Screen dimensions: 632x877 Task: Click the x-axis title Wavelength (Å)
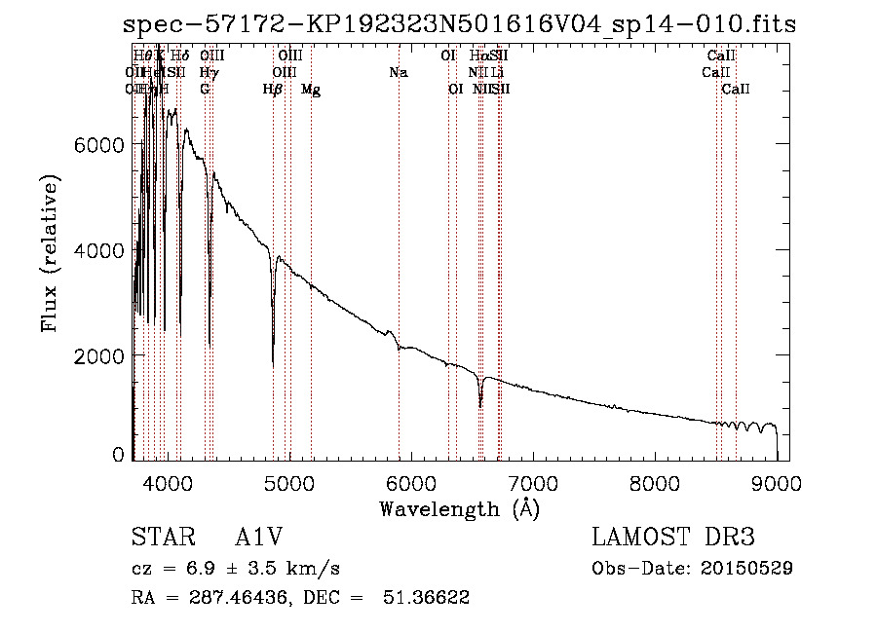pyautogui.click(x=459, y=508)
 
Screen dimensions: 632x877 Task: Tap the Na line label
pyautogui.click(x=398, y=72)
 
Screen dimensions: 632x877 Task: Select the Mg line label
pyautogui.click(x=311, y=90)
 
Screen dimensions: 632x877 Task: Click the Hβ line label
pyautogui.click(x=273, y=90)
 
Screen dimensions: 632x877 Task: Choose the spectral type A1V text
pyautogui.click(x=258, y=538)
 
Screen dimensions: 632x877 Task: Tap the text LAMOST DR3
pyautogui.click(x=672, y=538)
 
